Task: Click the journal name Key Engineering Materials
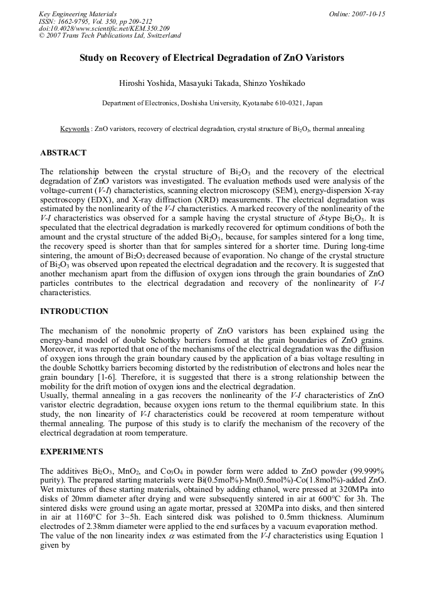coord(77,14)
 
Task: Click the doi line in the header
coord(104,28)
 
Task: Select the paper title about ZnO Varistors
coord(212,58)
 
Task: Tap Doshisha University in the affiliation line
coord(218,103)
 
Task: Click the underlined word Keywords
coord(75,128)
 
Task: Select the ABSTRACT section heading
coord(63,153)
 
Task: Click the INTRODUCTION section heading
coord(74,311)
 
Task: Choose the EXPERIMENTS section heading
coord(71,452)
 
